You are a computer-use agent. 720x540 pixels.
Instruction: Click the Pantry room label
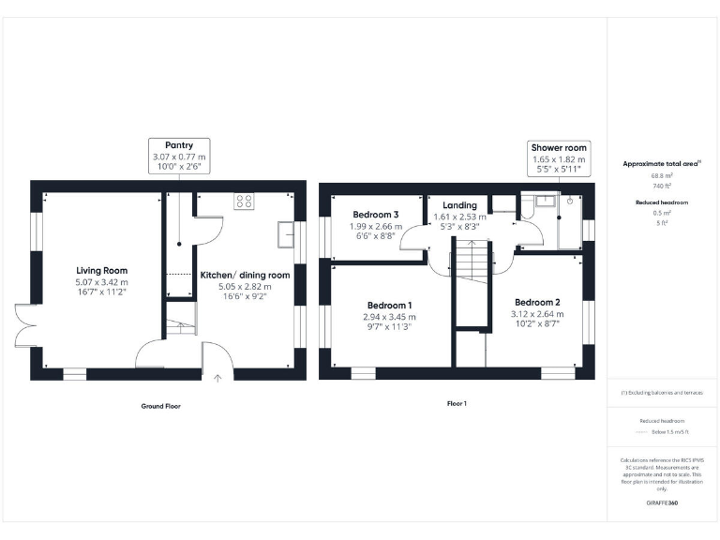(x=179, y=145)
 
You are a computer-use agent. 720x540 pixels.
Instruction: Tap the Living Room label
(x=102, y=270)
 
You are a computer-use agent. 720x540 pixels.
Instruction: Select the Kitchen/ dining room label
(x=246, y=275)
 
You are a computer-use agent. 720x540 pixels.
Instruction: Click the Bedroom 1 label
(x=389, y=306)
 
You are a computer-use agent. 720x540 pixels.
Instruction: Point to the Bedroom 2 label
(x=535, y=302)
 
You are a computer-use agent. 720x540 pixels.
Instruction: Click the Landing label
(x=459, y=205)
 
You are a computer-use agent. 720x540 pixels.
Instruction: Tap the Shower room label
(x=559, y=148)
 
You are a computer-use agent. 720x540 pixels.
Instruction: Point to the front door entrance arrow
(x=217, y=378)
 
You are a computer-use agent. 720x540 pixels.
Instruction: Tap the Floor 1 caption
(x=457, y=404)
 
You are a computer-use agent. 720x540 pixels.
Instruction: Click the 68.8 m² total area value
(x=662, y=175)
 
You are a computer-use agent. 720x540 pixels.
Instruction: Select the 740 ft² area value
(x=662, y=186)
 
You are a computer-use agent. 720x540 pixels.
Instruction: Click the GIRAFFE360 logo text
(x=662, y=503)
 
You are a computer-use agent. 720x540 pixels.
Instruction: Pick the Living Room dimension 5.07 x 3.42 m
(x=102, y=281)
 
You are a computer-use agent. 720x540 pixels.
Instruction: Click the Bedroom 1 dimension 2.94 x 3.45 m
(x=389, y=317)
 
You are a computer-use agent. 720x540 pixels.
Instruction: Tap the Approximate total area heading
(x=662, y=163)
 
